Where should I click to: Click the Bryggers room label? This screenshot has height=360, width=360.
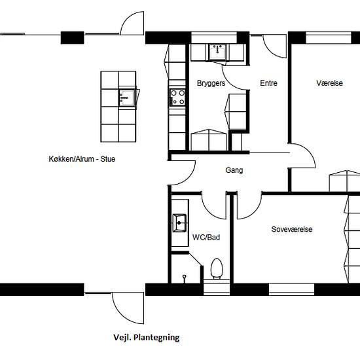pyautogui.click(x=211, y=83)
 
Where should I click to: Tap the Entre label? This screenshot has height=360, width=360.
pyautogui.click(x=268, y=83)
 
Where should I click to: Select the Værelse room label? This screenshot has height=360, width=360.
pyautogui.click(x=329, y=83)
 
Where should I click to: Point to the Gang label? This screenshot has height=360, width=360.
pyautogui.click(x=234, y=170)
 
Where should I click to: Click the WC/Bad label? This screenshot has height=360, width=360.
pyautogui.click(x=206, y=237)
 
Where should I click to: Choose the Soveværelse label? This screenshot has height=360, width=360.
pyautogui.click(x=292, y=229)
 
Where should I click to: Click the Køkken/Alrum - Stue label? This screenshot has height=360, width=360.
pyautogui.click(x=82, y=159)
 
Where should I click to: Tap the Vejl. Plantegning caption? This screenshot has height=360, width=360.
pyautogui.click(x=147, y=338)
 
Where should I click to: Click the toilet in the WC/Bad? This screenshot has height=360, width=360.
pyautogui.click(x=217, y=268)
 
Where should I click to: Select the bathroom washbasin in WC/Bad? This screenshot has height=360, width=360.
pyautogui.click(x=179, y=223)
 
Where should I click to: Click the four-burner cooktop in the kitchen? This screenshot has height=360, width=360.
pyautogui.click(x=177, y=98)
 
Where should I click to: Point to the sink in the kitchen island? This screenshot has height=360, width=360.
pyautogui.click(x=126, y=98)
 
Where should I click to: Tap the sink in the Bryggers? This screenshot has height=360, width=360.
pyautogui.click(x=217, y=52)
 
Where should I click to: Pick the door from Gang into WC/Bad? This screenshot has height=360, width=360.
pyautogui.click(x=210, y=212)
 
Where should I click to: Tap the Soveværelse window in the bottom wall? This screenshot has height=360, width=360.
pyautogui.click(x=291, y=289)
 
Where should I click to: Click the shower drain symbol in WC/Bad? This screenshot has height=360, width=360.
pyautogui.click(x=184, y=278)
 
